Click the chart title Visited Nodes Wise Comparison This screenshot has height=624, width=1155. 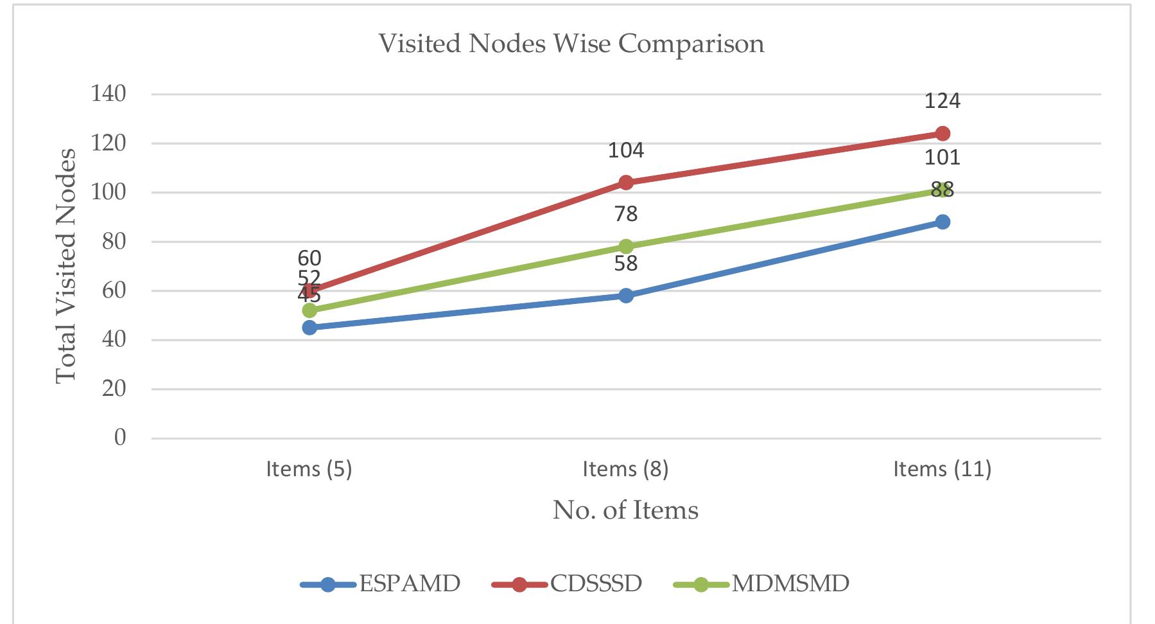571,44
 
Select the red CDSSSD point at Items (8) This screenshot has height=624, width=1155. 626,183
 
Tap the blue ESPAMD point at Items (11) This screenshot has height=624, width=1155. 942,222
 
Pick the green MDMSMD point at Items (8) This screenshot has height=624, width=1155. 626,246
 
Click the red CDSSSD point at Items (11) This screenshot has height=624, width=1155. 942,134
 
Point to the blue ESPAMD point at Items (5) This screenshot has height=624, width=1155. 309,327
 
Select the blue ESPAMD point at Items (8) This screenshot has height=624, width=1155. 626,296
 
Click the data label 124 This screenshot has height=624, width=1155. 942,101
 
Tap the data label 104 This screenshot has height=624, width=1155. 626,150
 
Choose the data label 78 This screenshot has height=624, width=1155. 626,214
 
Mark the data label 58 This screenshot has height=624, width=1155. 626,263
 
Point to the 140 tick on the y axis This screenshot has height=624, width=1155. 109,94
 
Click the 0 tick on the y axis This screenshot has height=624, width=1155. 120,438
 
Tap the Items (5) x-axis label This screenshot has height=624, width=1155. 309,469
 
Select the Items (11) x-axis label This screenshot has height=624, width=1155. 942,469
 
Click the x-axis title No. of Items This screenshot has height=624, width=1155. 625,510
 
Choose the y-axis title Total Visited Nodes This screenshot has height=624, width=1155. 66,266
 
